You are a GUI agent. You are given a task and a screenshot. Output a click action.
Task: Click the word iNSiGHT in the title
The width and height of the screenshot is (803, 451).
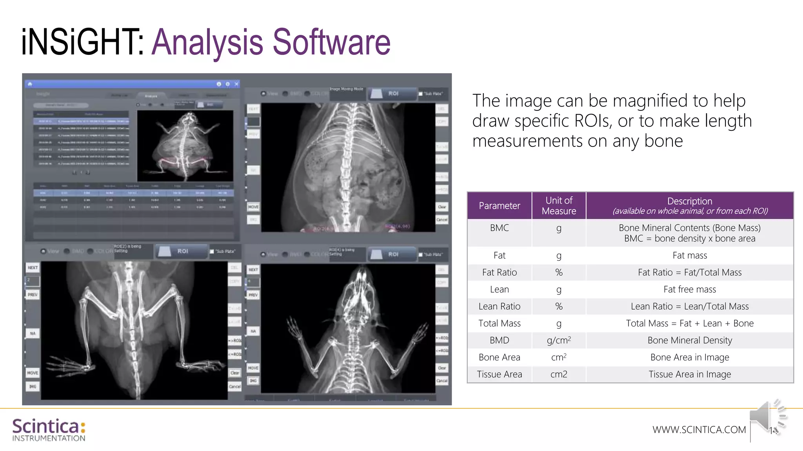(82, 42)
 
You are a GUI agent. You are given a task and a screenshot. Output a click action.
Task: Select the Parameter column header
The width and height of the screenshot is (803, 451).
(499, 206)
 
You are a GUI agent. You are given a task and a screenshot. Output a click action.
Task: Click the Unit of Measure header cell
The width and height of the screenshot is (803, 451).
(559, 206)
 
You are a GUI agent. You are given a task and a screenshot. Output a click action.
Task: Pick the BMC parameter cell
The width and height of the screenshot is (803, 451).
(499, 228)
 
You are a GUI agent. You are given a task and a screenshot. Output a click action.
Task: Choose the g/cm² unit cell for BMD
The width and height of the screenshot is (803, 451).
(559, 340)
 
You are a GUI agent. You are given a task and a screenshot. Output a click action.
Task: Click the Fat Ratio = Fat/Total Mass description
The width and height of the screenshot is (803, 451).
(689, 272)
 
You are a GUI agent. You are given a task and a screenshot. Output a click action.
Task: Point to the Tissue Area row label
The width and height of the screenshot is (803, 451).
(499, 374)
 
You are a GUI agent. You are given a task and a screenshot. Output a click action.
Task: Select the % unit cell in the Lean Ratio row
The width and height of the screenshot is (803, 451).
(559, 307)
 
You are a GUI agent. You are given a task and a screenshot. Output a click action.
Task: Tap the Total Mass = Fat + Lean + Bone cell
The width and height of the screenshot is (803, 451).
(689, 323)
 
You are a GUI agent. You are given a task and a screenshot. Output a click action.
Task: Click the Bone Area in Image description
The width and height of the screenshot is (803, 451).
(689, 357)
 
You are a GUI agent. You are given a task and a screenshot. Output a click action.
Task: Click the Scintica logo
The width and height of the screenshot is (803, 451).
(49, 429)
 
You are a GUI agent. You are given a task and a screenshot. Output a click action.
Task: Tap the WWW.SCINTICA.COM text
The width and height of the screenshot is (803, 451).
(699, 429)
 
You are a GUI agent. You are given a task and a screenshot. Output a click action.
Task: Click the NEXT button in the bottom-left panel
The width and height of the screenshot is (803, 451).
(33, 268)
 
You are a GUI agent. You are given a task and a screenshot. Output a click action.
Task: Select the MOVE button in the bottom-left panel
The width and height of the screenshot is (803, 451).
(33, 373)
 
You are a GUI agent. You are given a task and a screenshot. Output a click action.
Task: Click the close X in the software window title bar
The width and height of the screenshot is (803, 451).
(236, 84)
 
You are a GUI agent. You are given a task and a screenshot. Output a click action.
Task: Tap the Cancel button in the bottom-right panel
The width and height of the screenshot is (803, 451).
(442, 381)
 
